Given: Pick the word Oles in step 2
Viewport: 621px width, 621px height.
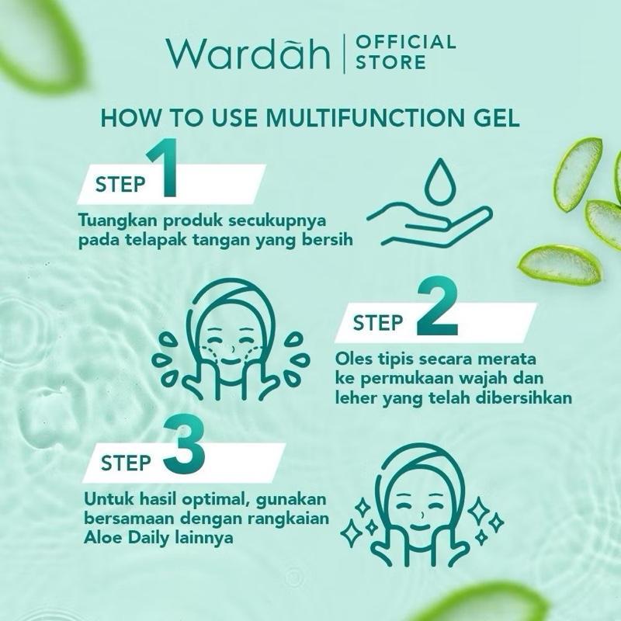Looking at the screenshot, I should point(353,361).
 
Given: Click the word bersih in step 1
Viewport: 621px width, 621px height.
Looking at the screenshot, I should point(328,239).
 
